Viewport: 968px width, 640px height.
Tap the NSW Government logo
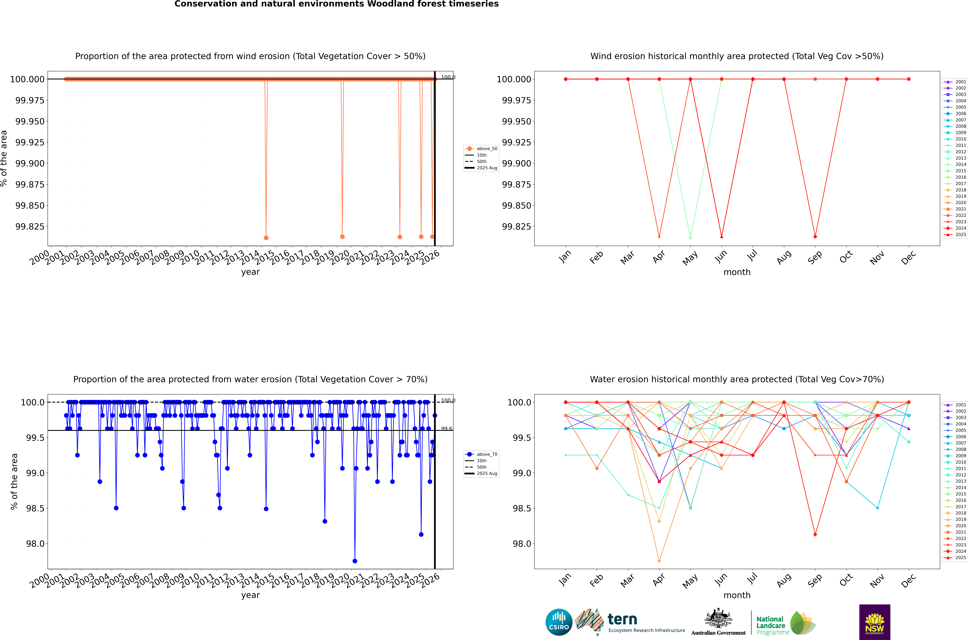click(x=875, y=622)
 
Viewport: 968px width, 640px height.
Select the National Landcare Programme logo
click(x=785, y=623)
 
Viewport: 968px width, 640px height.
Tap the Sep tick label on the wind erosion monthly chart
click(x=815, y=257)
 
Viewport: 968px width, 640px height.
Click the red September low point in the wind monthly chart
click(x=815, y=237)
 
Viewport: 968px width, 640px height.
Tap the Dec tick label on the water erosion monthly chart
click(x=908, y=580)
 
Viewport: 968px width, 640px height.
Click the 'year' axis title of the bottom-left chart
click(x=250, y=595)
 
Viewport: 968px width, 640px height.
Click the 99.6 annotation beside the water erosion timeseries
click(x=447, y=429)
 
